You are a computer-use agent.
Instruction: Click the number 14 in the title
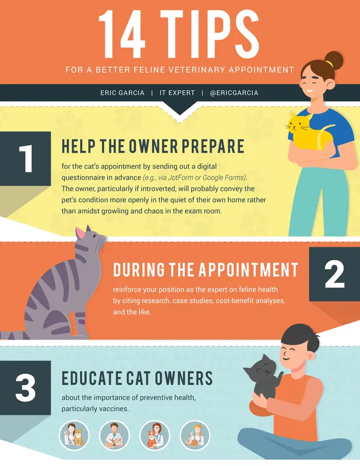coord(122,34)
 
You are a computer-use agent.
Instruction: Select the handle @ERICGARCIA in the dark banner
coord(234,93)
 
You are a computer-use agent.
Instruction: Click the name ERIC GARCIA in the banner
coord(122,93)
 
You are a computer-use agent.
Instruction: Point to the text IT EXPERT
coord(177,93)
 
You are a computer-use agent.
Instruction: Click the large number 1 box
coord(25,158)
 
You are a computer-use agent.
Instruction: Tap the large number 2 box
coord(334,274)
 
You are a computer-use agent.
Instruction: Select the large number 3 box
coord(25,387)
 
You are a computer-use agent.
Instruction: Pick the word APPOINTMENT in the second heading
coord(248,269)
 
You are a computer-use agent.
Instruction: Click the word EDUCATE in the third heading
coord(92,378)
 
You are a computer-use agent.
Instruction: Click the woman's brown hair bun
coord(334,61)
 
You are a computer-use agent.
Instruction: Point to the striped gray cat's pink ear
coord(80,233)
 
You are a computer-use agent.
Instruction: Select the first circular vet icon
coord(75,436)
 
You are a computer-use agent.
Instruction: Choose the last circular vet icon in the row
coord(195,436)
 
